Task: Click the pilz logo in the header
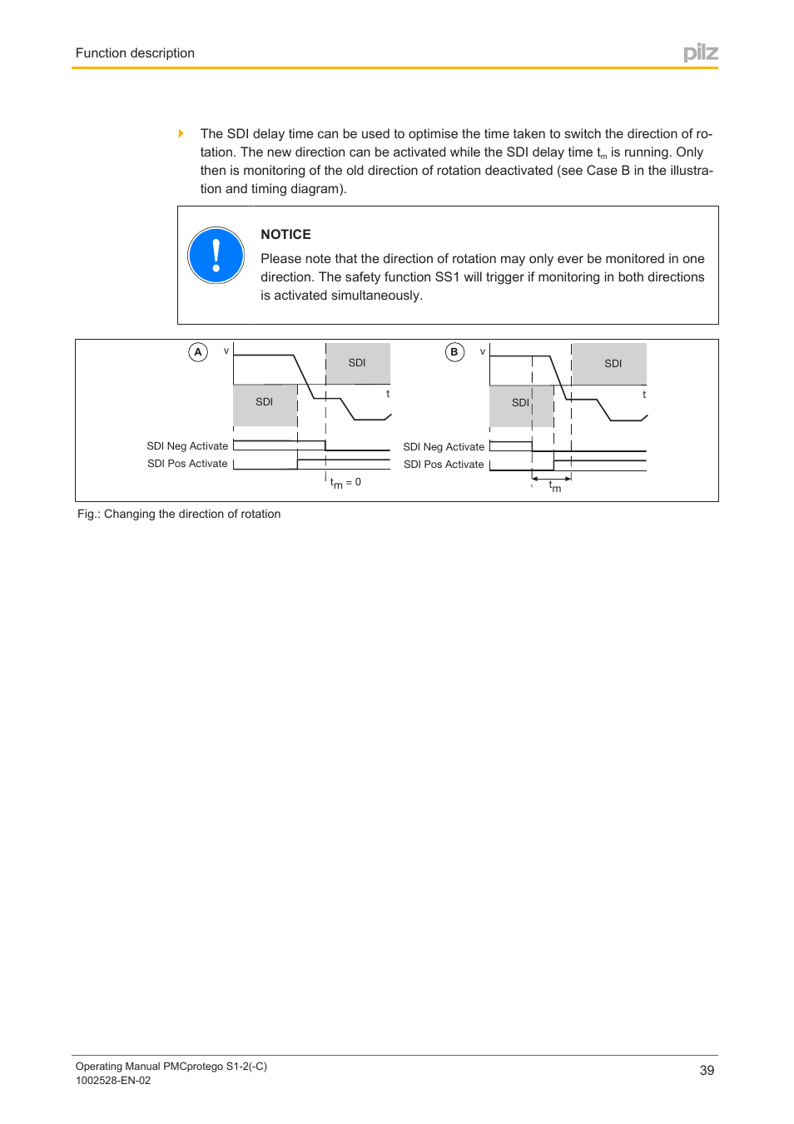[700, 52]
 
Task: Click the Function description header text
[135, 53]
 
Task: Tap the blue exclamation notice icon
[216, 256]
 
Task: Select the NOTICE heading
[285, 235]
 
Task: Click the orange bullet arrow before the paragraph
[181, 133]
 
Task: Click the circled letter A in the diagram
[198, 352]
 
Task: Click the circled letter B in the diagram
[454, 352]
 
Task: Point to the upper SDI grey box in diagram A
[358, 363]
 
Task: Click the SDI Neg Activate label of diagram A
[187, 446]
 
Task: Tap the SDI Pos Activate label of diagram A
[187, 464]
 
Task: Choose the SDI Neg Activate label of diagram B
[444, 447]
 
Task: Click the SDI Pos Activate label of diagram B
[444, 465]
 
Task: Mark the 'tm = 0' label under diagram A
[345, 483]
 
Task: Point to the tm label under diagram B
[555, 487]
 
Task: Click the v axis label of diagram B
[483, 351]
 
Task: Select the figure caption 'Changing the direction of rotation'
[179, 515]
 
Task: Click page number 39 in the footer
[707, 1071]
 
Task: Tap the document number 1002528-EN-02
[113, 1081]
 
